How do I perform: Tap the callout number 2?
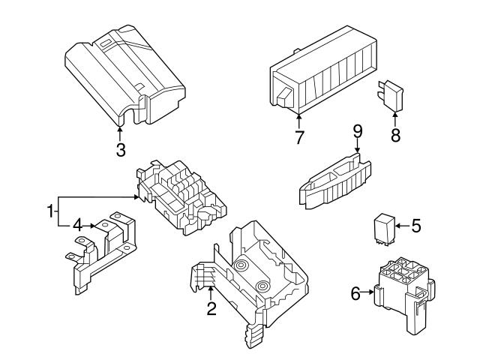click(x=211, y=308)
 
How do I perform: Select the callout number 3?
click(x=121, y=149)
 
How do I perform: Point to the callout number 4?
click(x=77, y=224)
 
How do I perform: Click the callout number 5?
click(x=417, y=224)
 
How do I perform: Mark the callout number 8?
click(x=395, y=136)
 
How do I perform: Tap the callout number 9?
click(x=358, y=131)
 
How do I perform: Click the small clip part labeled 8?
click(x=392, y=97)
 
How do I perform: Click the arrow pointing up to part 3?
click(x=121, y=130)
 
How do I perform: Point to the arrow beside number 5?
click(x=401, y=224)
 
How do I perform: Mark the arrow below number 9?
click(x=358, y=148)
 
